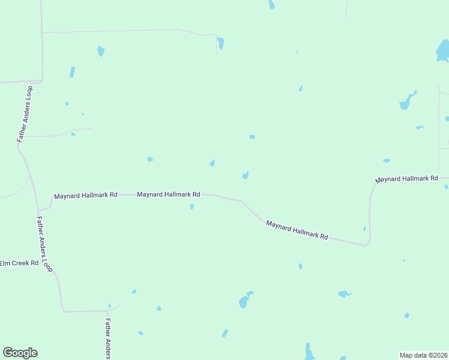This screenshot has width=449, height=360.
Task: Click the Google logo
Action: [20, 353]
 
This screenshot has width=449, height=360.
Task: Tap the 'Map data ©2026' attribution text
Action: [423, 355]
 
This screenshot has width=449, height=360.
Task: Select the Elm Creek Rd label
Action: [19, 263]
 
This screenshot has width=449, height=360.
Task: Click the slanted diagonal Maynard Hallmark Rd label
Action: [297, 230]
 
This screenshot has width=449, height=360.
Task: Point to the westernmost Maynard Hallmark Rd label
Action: [85, 196]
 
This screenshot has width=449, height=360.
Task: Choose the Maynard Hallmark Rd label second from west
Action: [168, 194]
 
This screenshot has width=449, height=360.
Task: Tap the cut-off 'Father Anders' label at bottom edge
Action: [108, 339]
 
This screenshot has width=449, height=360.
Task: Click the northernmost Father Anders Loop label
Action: [25, 113]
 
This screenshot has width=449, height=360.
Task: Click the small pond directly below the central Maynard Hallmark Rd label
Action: [191, 206]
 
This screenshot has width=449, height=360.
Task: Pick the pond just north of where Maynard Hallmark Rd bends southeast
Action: [245, 175]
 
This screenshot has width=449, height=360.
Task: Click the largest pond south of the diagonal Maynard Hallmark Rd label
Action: [244, 301]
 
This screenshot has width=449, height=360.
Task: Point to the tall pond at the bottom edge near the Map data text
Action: [309, 352]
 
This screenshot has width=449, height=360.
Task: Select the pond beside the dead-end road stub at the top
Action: [221, 43]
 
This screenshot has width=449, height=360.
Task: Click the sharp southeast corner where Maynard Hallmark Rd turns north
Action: [367, 244]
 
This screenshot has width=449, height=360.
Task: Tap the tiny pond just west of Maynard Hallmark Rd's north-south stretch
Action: [364, 229]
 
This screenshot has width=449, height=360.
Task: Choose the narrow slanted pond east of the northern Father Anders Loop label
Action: [72, 72]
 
